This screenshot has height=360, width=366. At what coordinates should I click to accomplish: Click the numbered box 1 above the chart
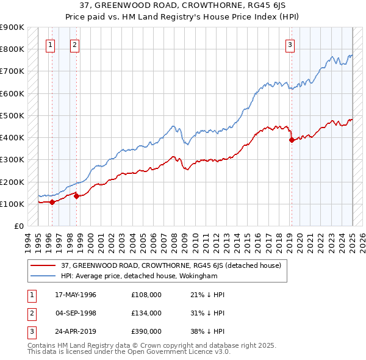(x=51, y=44)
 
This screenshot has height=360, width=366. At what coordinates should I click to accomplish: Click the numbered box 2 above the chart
(x=74, y=44)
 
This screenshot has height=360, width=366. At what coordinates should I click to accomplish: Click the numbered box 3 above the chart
(x=290, y=44)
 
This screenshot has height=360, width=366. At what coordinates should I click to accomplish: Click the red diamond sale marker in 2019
(x=292, y=140)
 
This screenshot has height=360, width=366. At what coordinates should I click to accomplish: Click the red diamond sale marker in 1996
(x=52, y=202)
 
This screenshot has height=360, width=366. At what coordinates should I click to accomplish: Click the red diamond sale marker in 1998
(x=76, y=196)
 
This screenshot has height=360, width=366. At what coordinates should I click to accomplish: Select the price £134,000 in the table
(x=146, y=313)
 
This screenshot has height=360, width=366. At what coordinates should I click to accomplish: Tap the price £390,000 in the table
(x=146, y=331)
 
